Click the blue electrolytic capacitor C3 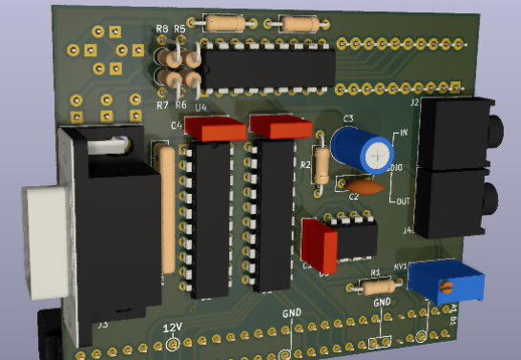pyautogui.click(x=364, y=151)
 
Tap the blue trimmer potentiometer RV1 pyautogui.click(x=447, y=283)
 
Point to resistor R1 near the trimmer pyautogui.click(x=375, y=286)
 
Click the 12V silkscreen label pyautogui.click(x=172, y=328)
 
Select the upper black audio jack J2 pyautogui.click(x=457, y=131)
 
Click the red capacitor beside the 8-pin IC pyautogui.click(x=319, y=244)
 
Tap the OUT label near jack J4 pyautogui.click(x=403, y=201)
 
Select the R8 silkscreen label pyautogui.click(x=161, y=31)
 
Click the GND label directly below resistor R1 pyautogui.click(x=382, y=303)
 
